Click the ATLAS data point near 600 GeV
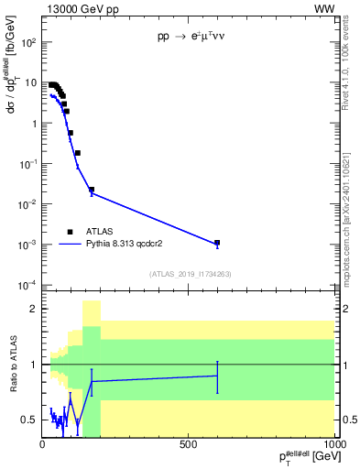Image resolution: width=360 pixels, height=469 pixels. point(217,243)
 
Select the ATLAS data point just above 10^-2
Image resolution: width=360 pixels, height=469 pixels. point(92,190)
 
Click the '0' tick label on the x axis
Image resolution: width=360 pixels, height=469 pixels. point(42,443)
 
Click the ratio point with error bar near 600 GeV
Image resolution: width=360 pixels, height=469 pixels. point(217,376)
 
